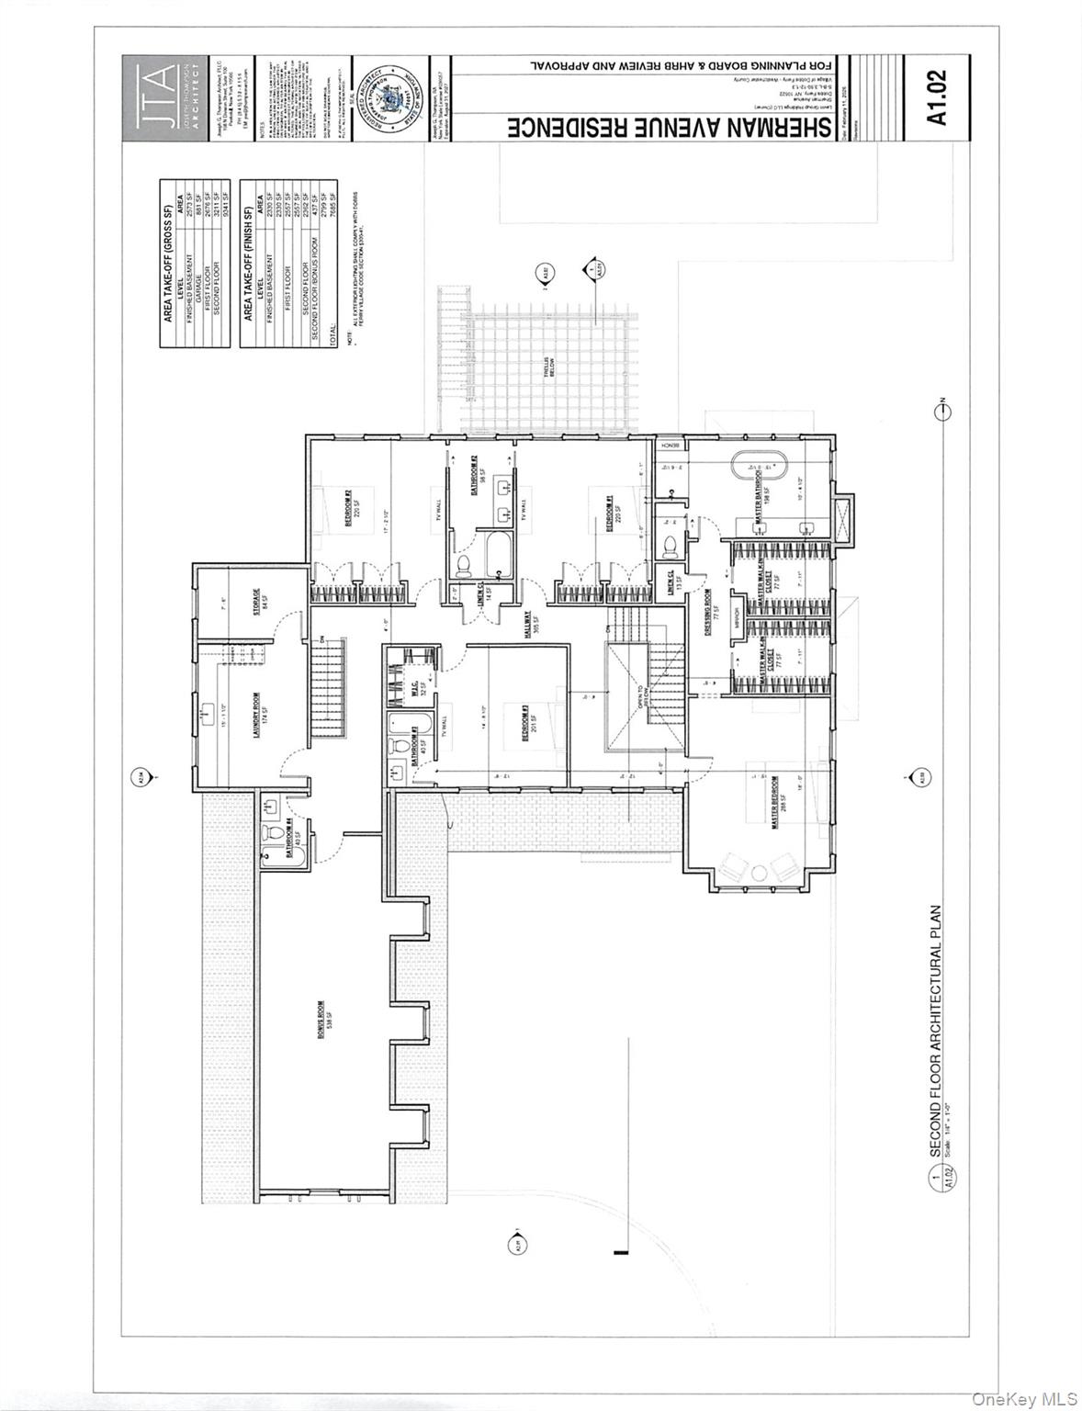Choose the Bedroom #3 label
526,723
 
